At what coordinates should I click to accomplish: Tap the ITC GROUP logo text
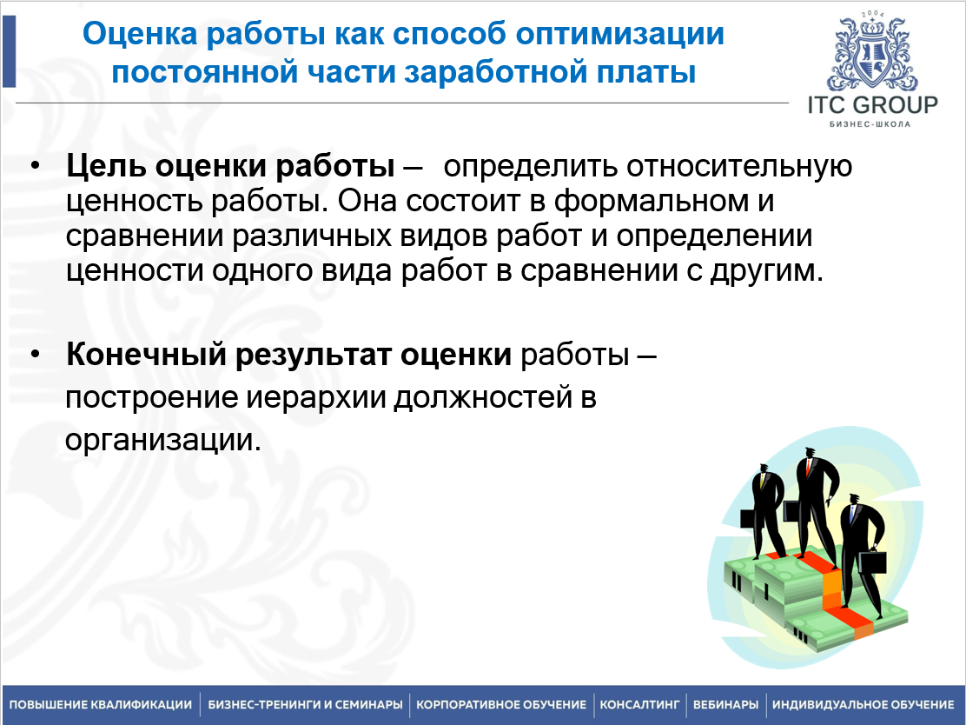(872, 105)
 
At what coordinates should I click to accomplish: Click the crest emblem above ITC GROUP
(872, 51)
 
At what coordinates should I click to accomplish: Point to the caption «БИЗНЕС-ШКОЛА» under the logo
(870, 124)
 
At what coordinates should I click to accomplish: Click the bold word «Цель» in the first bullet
(106, 166)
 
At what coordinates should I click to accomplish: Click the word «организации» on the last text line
(159, 440)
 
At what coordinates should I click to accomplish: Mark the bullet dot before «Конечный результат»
(35, 355)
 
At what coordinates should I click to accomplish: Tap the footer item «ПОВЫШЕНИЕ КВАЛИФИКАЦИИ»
(101, 704)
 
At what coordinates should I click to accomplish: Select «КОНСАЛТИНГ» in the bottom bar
(639, 704)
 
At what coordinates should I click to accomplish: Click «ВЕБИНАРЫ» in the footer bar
(725, 704)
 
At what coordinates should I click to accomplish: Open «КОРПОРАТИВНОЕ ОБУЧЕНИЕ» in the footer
(501, 704)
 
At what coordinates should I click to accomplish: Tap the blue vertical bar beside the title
(9, 51)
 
